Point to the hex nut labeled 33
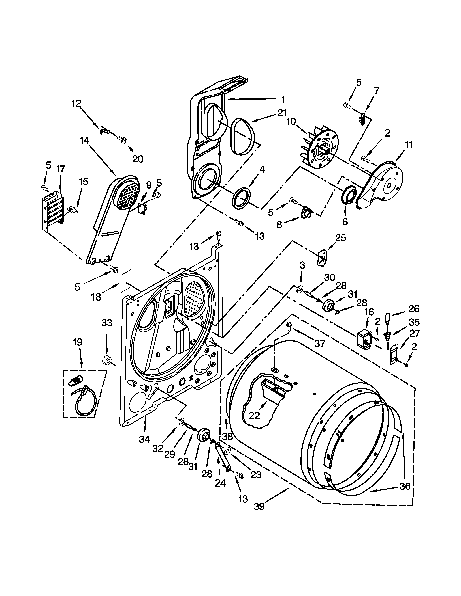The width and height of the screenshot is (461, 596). tap(106, 360)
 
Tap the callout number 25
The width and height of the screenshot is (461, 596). tap(340, 238)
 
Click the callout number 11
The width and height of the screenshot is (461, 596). tap(409, 145)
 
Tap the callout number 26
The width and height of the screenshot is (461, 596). tap(413, 309)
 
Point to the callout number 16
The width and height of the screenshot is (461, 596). tap(369, 312)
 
